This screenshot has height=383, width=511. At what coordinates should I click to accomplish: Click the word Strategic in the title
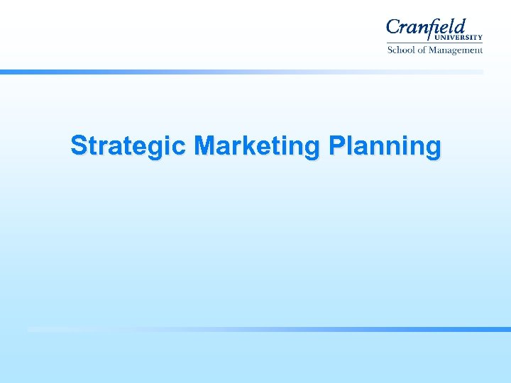[x=128, y=146]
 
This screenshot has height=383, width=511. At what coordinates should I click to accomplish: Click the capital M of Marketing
[x=205, y=146]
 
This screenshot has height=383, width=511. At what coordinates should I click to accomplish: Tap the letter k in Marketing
[x=248, y=146]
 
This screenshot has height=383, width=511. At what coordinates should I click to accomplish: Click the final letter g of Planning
[x=432, y=148]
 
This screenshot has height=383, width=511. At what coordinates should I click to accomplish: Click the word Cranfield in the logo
[x=426, y=28]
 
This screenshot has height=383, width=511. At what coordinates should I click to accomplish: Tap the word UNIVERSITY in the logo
[x=458, y=38]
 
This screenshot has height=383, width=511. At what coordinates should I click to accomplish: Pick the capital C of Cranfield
[x=394, y=29]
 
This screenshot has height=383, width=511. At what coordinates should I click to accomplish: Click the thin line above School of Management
[x=434, y=43]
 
